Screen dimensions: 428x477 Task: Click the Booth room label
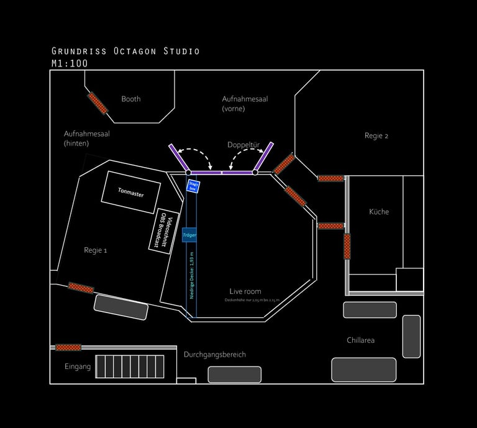tap(131, 99)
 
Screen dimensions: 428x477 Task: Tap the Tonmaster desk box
tap(130, 194)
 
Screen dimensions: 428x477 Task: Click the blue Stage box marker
tap(193, 186)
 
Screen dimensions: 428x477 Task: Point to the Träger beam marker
tap(189, 235)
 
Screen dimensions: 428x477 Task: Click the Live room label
tap(245, 291)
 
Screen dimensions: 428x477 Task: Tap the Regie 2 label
tap(376, 135)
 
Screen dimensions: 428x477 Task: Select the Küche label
tap(379, 212)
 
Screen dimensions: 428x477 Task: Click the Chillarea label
tap(360, 340)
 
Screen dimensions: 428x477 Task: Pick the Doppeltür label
tap(242, 144)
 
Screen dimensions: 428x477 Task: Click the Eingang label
tap(78, 367)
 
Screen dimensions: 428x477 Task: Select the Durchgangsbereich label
tap(215, 355)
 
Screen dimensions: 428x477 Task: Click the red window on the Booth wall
tap(97, 103)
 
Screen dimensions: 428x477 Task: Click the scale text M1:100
tap(70, 63)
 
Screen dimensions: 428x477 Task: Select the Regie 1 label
tap(96, 250)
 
